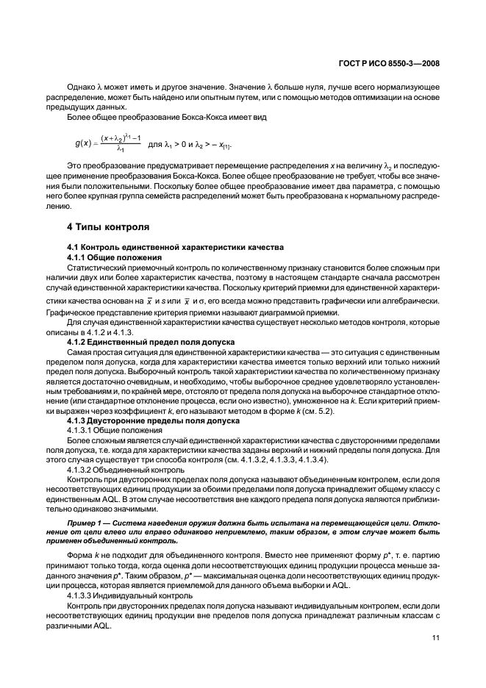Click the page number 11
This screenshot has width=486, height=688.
coord(435,648)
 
